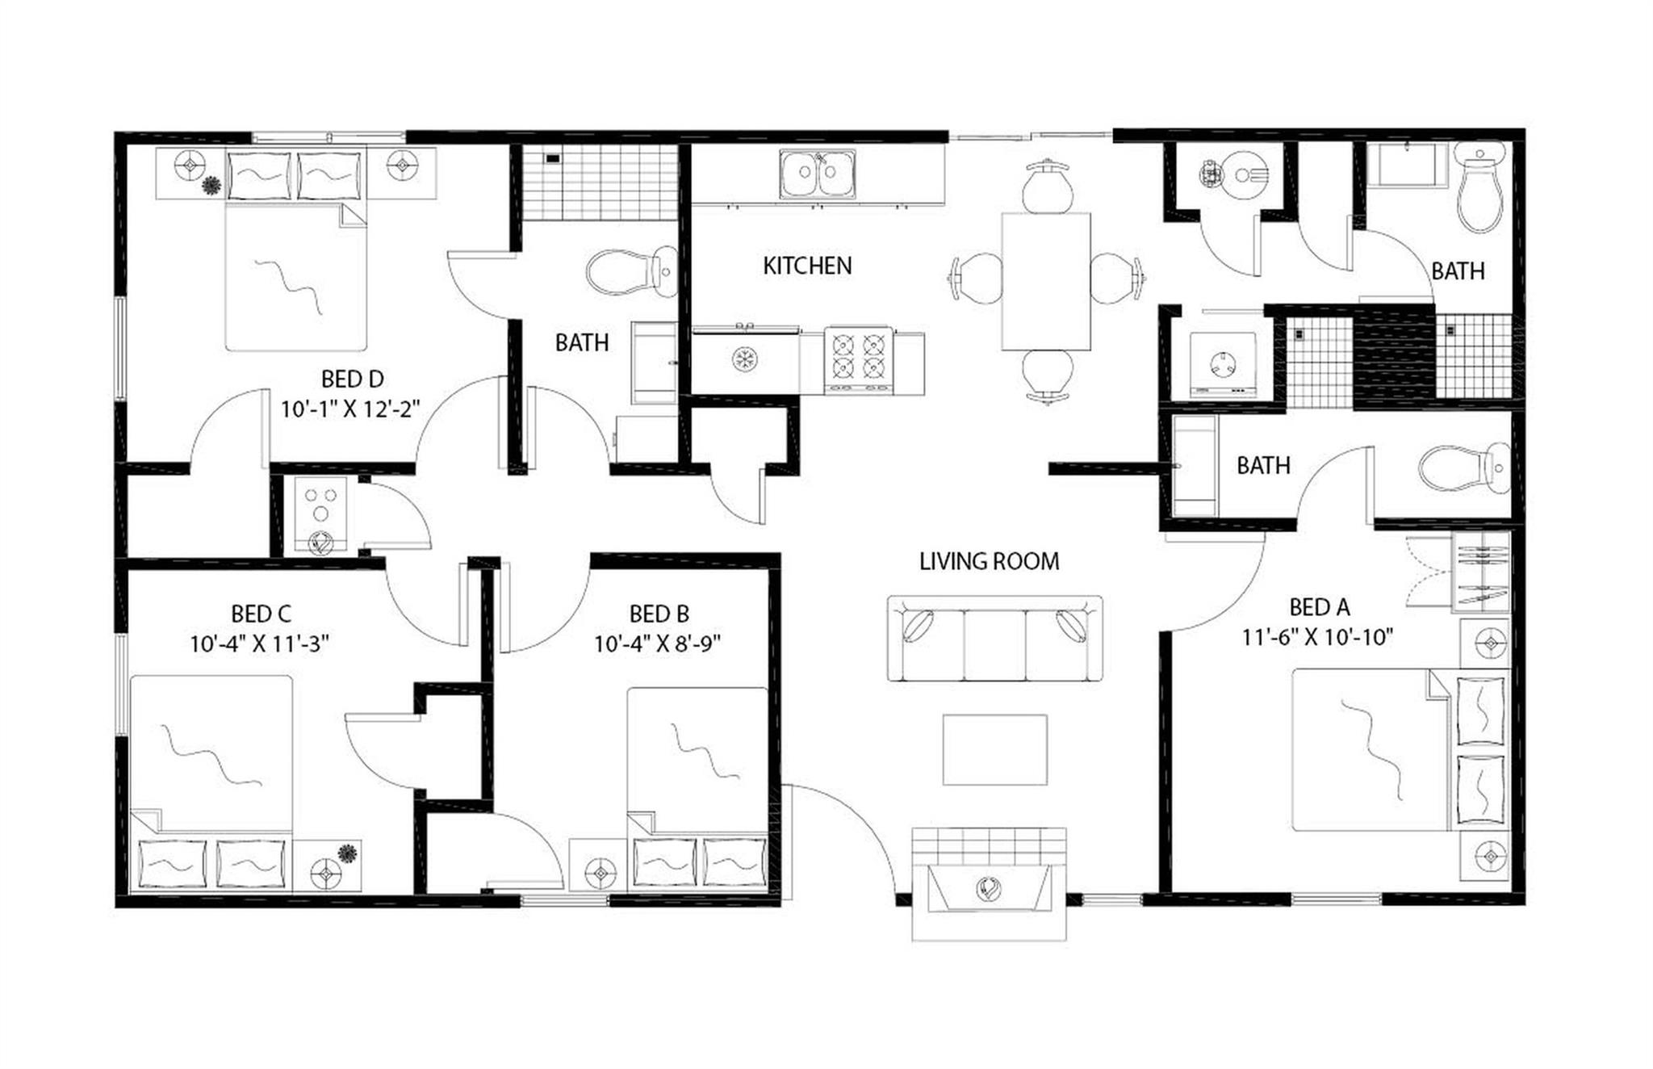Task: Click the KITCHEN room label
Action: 807,266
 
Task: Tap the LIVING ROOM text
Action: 989,561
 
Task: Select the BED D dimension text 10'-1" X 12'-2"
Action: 351,409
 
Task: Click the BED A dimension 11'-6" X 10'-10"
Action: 1318,638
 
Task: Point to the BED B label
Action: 659,614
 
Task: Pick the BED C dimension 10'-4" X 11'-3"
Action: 259,644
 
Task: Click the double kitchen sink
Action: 817,174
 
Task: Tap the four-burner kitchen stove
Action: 858,358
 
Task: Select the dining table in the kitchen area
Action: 1046,281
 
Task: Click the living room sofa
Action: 994,639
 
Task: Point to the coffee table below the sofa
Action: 995,749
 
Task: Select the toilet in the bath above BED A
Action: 1479,187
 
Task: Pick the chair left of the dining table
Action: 977,279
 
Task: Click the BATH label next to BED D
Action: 581,343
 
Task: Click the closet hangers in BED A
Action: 1480,570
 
